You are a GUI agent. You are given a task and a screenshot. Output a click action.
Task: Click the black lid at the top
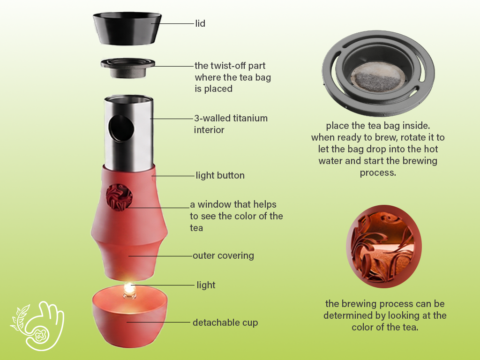tap(127, 29)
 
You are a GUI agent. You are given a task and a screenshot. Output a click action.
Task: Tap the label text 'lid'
tap(200, 23)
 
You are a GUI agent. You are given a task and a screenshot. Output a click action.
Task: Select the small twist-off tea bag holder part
tap(127, 67)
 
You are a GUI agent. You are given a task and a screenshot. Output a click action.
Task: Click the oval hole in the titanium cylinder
tap(121, 129)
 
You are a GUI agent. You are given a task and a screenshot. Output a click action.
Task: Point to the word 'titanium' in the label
tap(250, 118)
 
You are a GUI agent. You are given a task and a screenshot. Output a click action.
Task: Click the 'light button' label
tap(220, 175)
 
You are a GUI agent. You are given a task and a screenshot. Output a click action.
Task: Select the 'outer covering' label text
tap(223, 255)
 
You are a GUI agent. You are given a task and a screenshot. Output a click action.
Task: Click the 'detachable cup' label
tap(225, 322)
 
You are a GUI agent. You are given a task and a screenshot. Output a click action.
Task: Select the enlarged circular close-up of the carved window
tap(384, 247)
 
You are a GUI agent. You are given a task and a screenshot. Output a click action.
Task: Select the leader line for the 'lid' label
tap(172, 23)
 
